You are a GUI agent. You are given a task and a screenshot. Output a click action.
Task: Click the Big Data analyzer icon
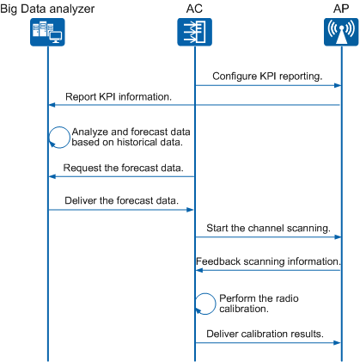47,32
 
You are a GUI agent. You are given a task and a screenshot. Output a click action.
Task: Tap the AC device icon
194,32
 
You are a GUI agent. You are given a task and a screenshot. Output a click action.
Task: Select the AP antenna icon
341,32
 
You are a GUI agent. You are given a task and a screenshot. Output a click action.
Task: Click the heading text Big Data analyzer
47,9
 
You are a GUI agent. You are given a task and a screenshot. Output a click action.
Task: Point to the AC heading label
194,9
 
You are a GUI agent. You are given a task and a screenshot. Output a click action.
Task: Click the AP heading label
341,9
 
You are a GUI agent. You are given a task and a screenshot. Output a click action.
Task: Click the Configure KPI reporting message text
267,77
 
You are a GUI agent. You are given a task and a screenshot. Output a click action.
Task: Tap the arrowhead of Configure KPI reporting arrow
338,85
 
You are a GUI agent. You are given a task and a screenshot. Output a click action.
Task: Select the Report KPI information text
119,97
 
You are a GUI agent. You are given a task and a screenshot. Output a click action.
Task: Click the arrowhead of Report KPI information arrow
52,105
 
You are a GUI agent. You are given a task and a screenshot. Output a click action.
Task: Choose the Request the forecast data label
123,168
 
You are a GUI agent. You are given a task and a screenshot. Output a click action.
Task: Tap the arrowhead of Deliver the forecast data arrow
190,210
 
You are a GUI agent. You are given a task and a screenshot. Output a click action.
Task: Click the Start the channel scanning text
268,228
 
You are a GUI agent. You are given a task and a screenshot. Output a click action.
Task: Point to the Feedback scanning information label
268,261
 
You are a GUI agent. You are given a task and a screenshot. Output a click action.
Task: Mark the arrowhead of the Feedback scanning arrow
199,270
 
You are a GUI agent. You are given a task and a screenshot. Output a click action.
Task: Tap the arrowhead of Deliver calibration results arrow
338,343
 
